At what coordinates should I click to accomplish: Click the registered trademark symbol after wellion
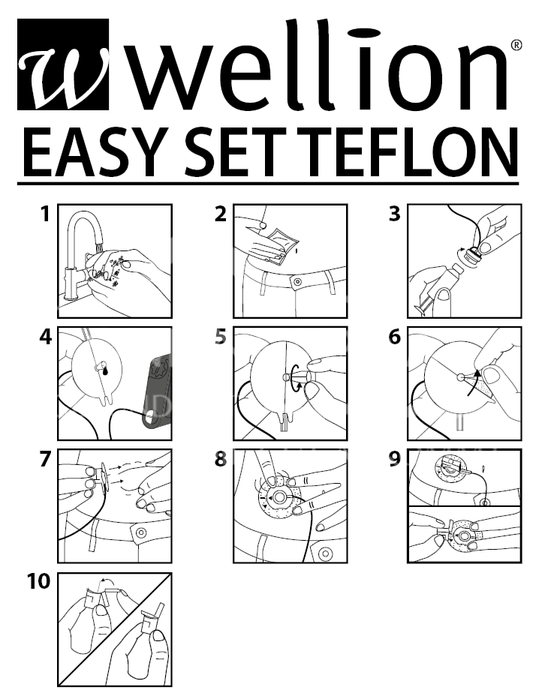pyautogui.click(x=516, y=45)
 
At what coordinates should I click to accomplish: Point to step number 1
pyautogui.click(x=44, y=214)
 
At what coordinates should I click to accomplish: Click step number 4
pyautogui.click(x=45, y=337)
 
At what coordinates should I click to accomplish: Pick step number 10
pyautogui.click(x=38, y=581)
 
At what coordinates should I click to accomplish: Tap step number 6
pyautogui.click(x=395, y=337)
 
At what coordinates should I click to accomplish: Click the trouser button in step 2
pyautogui.click(x=297, y=282)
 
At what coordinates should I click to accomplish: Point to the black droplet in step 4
pyautogui.click(x=105, y=372)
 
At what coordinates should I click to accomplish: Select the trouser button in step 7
pyautogui.click(x=141, y=532)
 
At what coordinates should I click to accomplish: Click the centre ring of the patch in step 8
pyautogui.click(x=280, y=496)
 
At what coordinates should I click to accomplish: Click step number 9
pyautogui.click(x=395, y=458)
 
